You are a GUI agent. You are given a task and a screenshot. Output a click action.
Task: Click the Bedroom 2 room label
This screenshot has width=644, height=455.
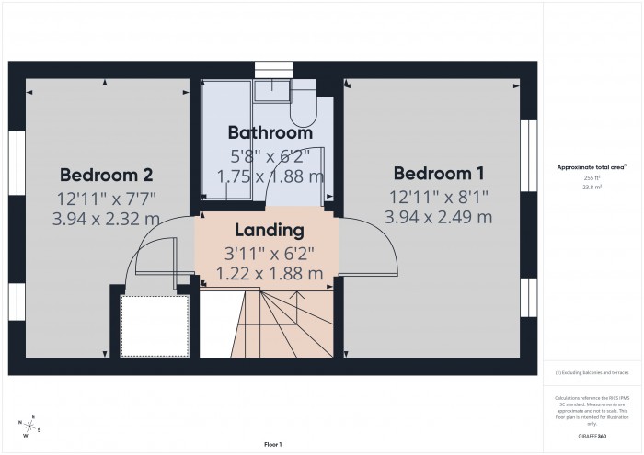tap(107, 175)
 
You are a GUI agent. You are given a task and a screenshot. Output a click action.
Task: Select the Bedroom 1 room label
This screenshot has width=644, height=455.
tap(439, 174)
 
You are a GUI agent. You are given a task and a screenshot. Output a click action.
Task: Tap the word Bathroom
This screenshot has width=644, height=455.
tap(270, 132)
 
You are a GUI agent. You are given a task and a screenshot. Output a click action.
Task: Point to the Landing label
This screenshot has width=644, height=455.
tap(270, 230)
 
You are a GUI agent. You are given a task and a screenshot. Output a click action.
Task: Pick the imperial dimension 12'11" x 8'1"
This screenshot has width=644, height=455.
tap(439, 196)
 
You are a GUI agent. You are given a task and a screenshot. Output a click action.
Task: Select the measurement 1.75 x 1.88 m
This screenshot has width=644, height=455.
tap(270, 176)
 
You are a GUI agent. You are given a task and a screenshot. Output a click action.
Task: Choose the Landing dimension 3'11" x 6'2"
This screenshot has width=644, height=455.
tap(270, 252)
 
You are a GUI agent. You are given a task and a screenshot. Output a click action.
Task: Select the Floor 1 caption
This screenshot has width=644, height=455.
tap(272, 444)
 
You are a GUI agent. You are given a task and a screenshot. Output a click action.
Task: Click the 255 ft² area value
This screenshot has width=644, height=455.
tap(592, 177)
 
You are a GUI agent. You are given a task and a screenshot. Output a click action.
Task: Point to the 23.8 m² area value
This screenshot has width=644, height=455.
tap(592, 186)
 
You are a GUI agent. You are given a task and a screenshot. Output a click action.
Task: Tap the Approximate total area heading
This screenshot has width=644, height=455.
tap(592, 166)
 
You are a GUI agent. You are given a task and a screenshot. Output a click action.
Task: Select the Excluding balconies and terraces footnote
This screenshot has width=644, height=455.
tap(592, 373)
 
